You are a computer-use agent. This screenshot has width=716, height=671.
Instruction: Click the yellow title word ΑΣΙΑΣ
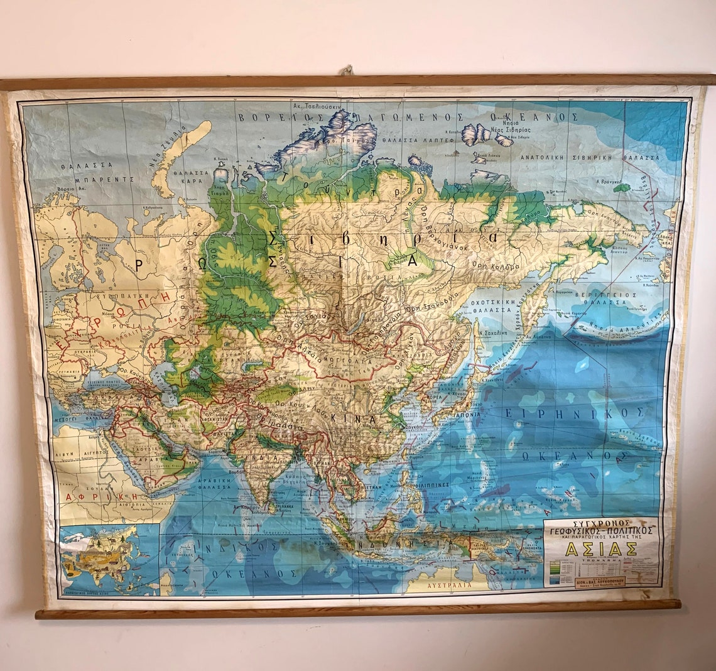click(x=601, y=548)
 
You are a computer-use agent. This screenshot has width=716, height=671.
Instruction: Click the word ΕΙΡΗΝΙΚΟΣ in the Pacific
click(x=573, y=413)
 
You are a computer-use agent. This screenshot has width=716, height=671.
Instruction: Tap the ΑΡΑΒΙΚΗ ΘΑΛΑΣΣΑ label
click(x=214, y=481)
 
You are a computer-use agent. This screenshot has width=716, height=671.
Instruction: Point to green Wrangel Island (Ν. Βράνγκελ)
click(x=621, y=187)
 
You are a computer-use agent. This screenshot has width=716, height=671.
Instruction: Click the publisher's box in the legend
click(x=600, y=582)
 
